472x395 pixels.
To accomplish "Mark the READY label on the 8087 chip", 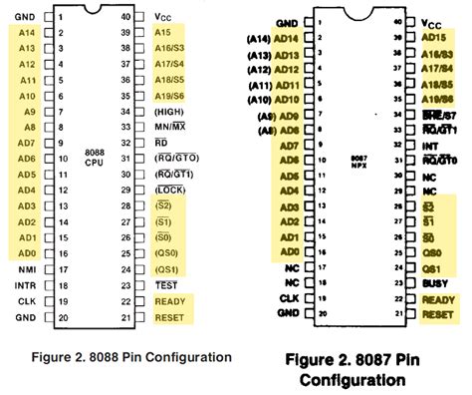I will point(439,298).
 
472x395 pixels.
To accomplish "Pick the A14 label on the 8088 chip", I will point(28,33).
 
